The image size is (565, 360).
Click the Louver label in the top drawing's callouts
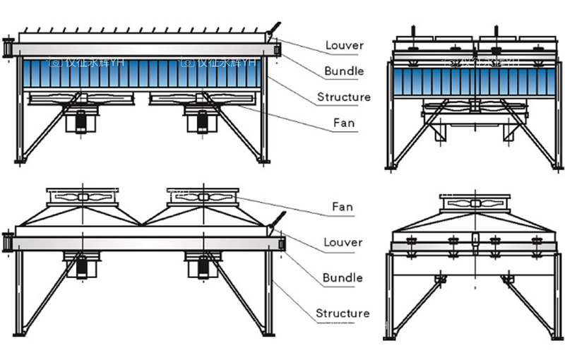[x=344, y=46]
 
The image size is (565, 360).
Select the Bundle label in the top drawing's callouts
[x=344, y=71]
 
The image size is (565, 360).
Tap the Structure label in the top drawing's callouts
[x=343, y=97]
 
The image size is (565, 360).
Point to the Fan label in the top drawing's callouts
[x=344, y=123]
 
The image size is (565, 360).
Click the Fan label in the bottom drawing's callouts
[x=343, y=208]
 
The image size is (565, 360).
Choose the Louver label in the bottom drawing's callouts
[x=343, y=242]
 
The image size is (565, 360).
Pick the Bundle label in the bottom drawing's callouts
[x=343, y=277]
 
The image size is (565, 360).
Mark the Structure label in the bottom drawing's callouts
[x=343, y=313]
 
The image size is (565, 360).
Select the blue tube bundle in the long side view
[x=141, y=73]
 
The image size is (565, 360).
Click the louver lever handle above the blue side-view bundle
[x=272, y=29]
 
